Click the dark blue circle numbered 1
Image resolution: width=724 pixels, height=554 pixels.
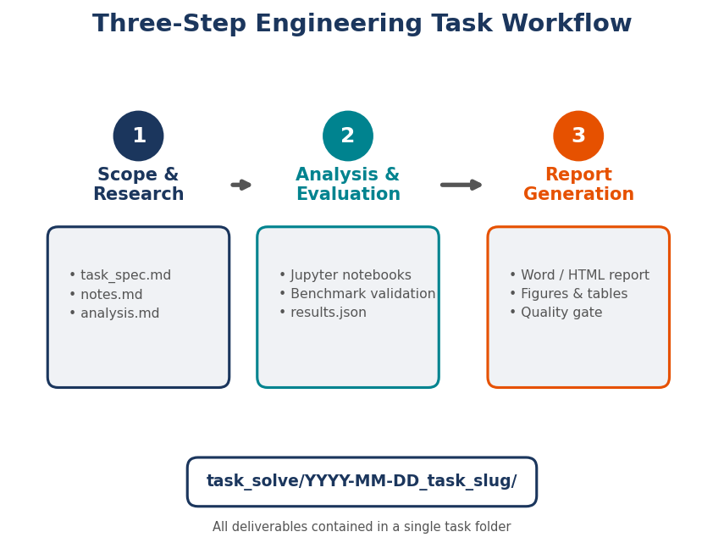pos(138,136)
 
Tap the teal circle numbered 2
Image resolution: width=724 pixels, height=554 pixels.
pos(347,136)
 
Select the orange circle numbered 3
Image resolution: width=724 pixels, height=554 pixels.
pos(578,136)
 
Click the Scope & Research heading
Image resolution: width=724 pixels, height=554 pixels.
pos(138,185)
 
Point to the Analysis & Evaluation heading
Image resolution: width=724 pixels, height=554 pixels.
pos(347,185)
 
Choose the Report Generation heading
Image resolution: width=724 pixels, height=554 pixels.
pos(578,185)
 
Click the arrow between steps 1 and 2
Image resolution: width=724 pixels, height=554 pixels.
pos(241,185)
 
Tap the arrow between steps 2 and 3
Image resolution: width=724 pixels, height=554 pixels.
pos(461,185)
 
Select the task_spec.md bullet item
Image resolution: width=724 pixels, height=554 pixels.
pos(120,275)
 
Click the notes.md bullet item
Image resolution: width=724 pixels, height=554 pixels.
pos(106,295)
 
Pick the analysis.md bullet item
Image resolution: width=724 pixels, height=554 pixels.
pos(114,313)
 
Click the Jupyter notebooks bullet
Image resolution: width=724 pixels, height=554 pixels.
pos(345,275)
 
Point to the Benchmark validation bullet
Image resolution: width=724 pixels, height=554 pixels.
pos(357,294)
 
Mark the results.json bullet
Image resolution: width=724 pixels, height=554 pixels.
pos(323,313)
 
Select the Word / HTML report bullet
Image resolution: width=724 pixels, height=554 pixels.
pos(579,275)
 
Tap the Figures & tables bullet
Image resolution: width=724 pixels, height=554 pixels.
pos(568,294)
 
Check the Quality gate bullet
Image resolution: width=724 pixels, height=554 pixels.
pos(555,313)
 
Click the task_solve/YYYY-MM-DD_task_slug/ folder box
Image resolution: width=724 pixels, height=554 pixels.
pos(362,481)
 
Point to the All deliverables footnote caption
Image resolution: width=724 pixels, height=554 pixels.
pos(362,527)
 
